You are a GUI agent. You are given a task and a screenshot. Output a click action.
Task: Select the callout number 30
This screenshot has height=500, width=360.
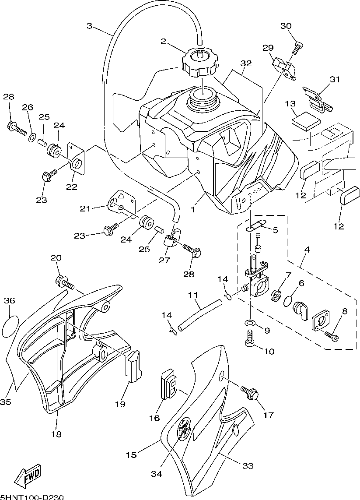tap(286, 26)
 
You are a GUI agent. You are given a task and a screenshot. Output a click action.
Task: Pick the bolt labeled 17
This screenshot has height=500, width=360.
tap(250, 393)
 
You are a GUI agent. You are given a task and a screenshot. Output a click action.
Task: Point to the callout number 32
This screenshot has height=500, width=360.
tap(246, 63)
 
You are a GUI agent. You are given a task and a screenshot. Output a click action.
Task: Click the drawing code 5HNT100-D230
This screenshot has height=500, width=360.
tap(32, 497)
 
